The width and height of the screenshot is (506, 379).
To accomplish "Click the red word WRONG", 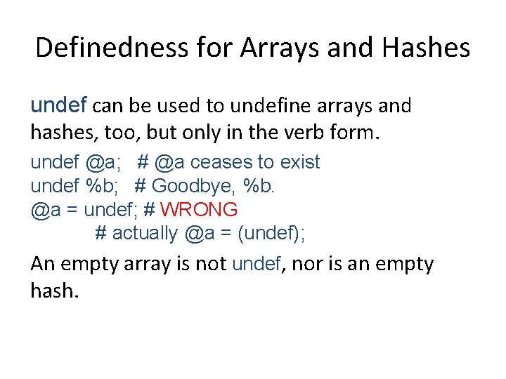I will pyautogui.click(x=200, y=209).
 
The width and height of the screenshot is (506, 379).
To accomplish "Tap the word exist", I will pyautogui.click(x=299, y=162).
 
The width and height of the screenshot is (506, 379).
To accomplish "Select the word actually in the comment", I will pyautogui.click(x=145, y=233).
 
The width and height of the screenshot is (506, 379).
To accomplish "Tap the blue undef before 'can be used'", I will pyautogui.click(x=58, y=106).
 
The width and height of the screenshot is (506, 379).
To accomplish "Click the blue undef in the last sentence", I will pyautogui.click(x=257, y=265).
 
